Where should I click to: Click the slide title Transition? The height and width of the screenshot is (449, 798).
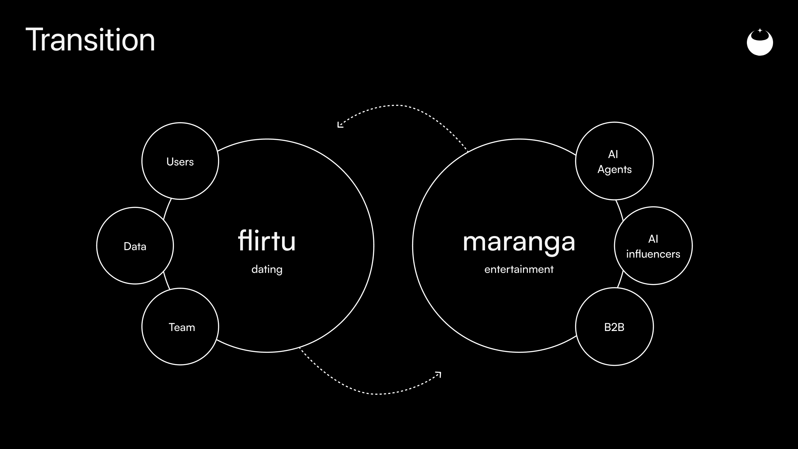90,40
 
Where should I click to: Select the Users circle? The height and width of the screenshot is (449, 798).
180,123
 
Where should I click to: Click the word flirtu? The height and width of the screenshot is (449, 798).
267,240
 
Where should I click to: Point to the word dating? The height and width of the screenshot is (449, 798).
267,269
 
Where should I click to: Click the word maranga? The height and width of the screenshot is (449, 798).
519,243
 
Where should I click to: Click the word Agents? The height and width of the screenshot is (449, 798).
614,170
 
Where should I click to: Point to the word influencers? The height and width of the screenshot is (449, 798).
653,254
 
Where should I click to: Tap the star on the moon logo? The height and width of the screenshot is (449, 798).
760,31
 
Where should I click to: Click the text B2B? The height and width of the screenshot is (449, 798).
614,327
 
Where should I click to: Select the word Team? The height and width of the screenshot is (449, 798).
182,327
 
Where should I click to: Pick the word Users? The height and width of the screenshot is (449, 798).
180,162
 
